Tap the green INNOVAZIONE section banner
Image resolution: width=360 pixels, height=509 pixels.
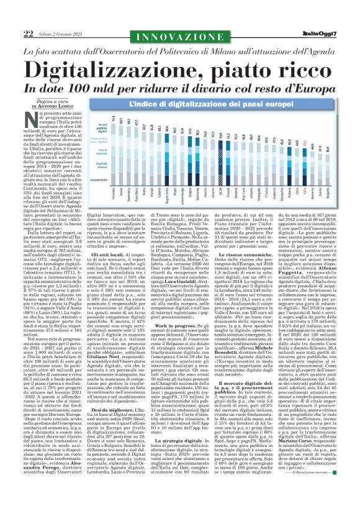(x=179, y=17)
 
